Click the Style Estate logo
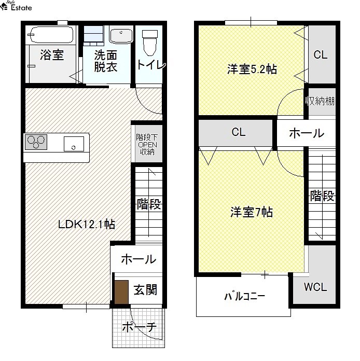pyautogui.click(x=16, y=6)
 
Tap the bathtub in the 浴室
pyautogui.click(x=51, y=35)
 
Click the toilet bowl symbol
pyautogui.click(x=150, y=43)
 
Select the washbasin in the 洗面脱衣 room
pyautogui.click(x=121, y=35)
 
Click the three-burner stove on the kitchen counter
pyautogui.click(x=36, y=142)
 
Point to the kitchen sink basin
pyautogui.click(x=74, y=144)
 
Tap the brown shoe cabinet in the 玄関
pyautogui.click(x=121, y=292)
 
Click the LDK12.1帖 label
pyautogui.click(x=87, y=224)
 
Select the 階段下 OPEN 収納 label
pyautogui.click(x=147, y=145)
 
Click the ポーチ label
pyautogui.click(x=140, y=327)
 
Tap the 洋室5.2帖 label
pyautogui.click(x=252, y=69)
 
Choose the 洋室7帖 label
pyautogui.click(x=252, y=212)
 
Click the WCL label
pyautogui.click(x=315, y=287)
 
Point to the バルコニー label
pyautogui.click(x=244, y=296)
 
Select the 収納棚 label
pyautogui.click(x=320, y=101)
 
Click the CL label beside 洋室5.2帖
pyautogui.click(x=321, y=55)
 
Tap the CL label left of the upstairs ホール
pyautogui.click(x=239, y=132)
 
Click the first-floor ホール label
pyautogui.click(x=139, y=259)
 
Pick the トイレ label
pyautogui.click(x=151, y=65)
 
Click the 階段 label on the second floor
pyautogui.click(x=322, y=196)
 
